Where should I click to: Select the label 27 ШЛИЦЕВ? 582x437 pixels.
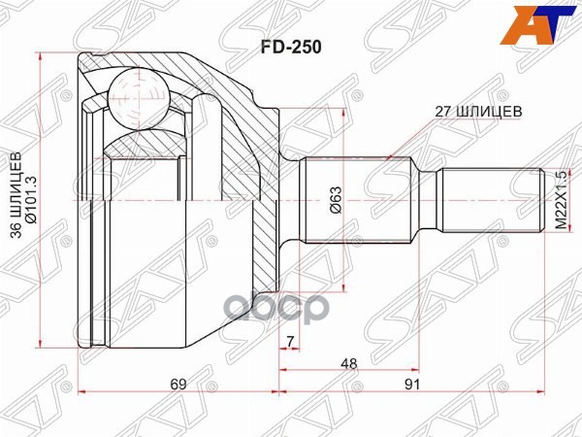[478, 111]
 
